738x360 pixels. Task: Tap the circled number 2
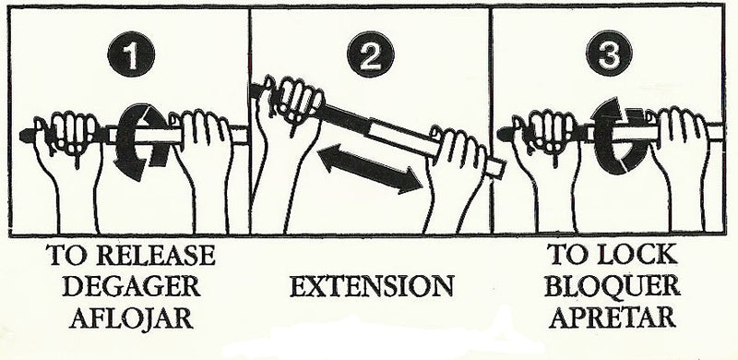tap(371, 56)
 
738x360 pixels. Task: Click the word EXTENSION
tap(373, 286)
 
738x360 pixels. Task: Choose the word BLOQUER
tap(611, 286)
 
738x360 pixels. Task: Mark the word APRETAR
tap(611, 318)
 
